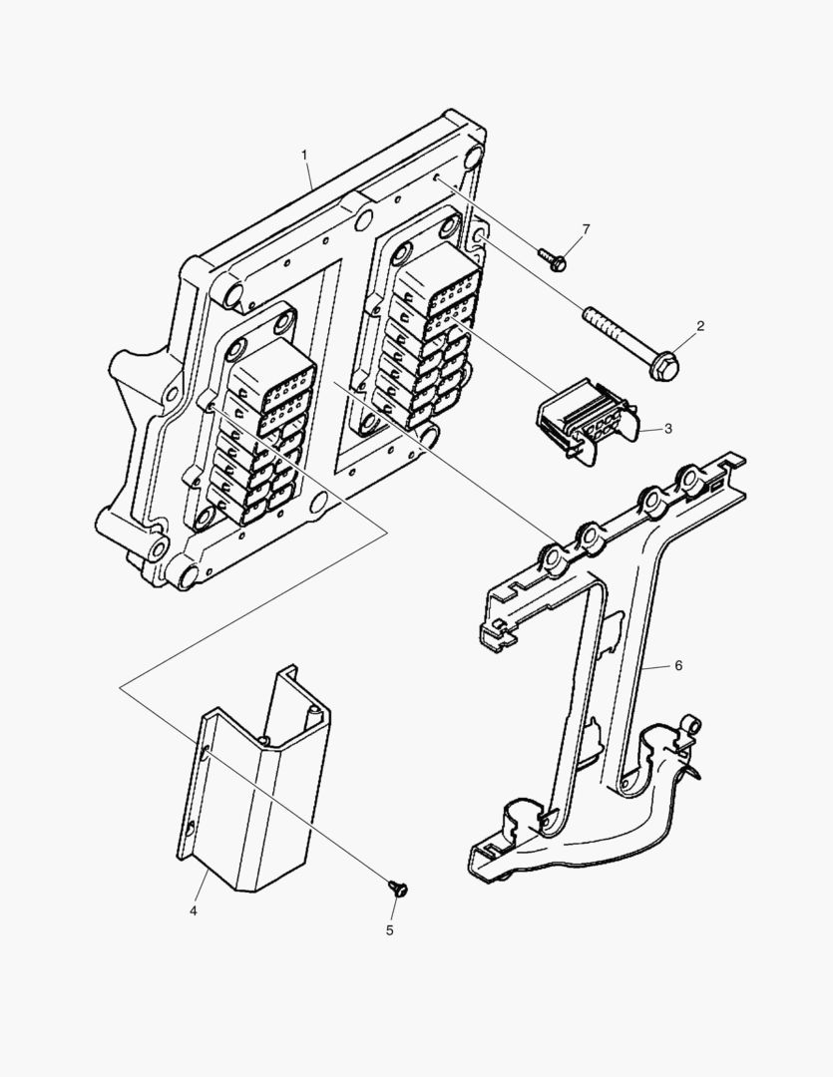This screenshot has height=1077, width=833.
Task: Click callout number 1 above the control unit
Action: pos(304,156)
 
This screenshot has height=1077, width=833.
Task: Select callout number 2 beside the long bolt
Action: pos(700,326)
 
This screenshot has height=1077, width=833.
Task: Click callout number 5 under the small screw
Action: pos(389,929)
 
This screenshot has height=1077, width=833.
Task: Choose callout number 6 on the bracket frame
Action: pos(677,665)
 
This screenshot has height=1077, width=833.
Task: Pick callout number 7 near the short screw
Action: pos(585,229)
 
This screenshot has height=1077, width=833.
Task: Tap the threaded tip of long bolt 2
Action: pos(591,316)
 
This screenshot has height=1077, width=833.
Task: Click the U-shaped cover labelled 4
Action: pos(254,788)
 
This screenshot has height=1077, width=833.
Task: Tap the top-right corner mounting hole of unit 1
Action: pos(473,156)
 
